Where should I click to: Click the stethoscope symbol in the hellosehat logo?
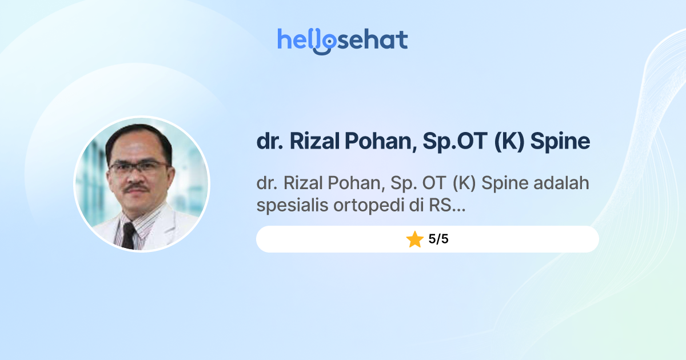(324, 43)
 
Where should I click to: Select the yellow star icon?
(414, 239)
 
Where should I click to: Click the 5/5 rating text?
(438, 239)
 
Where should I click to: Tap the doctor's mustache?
(137, 187)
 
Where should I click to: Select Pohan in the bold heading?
(378, 141)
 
